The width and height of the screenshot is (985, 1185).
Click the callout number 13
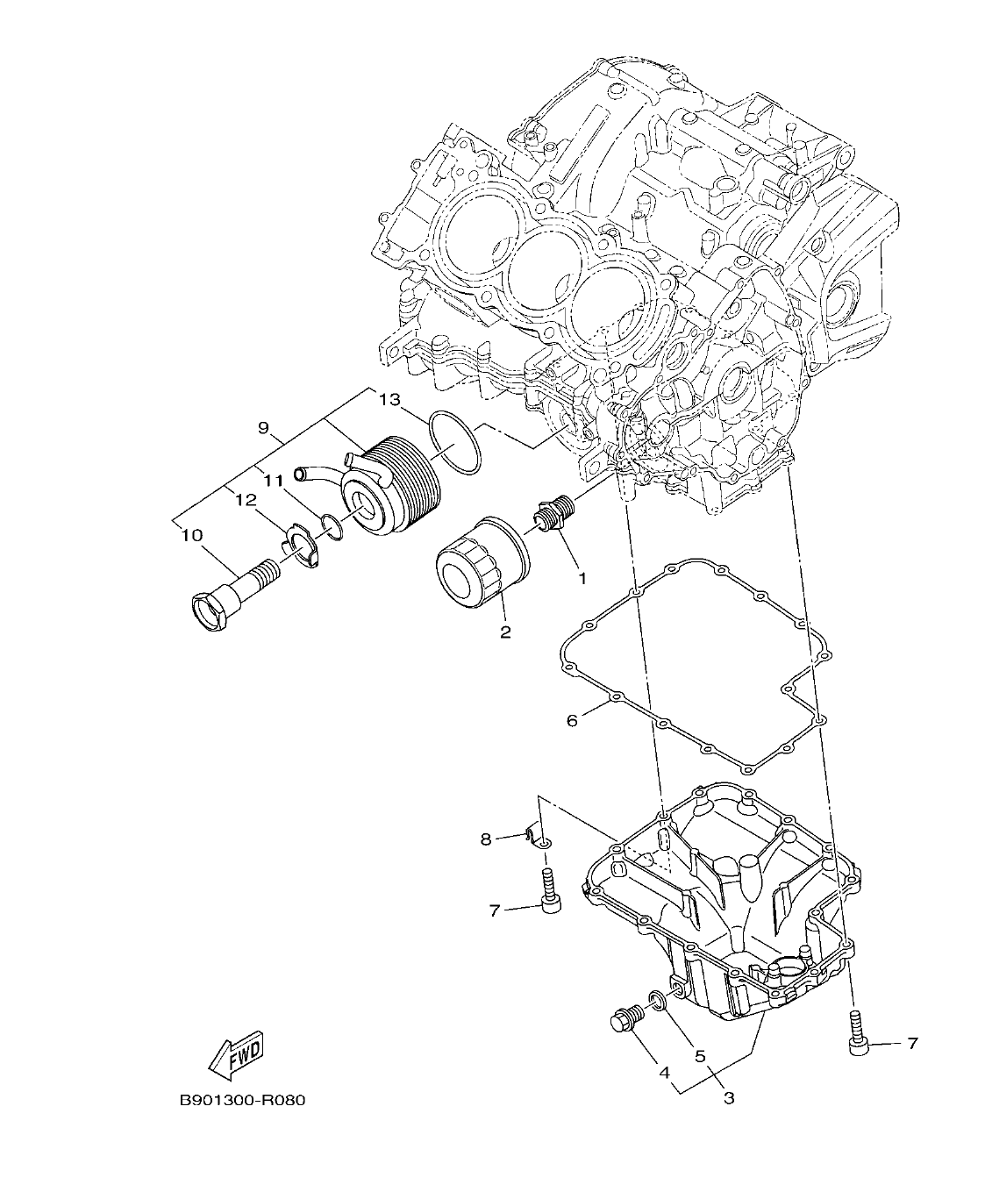click(x=389, y=401)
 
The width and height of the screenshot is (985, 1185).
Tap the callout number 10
click(x=192, y=534)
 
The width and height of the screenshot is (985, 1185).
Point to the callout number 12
click(x=246, y=499)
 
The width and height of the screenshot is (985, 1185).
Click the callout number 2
click(x=505, y=632)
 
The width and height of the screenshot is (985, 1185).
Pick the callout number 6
click(x=572, y=720)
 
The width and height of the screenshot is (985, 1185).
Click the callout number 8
click(x=486, y=839)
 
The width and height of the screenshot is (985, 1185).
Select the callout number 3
click(x=729, y=1097)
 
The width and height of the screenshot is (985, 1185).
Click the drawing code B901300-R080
click(x=242, y=1100)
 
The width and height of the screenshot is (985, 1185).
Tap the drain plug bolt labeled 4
click(x=626, y=1020)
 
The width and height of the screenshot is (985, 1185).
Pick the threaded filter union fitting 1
click(x=554, y=514)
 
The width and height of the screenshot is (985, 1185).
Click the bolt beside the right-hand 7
click(x=857, y=1033)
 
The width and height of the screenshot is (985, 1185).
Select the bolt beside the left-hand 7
click(x=550, y=890)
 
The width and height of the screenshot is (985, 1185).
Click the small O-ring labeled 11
click(x=332, y=525)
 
